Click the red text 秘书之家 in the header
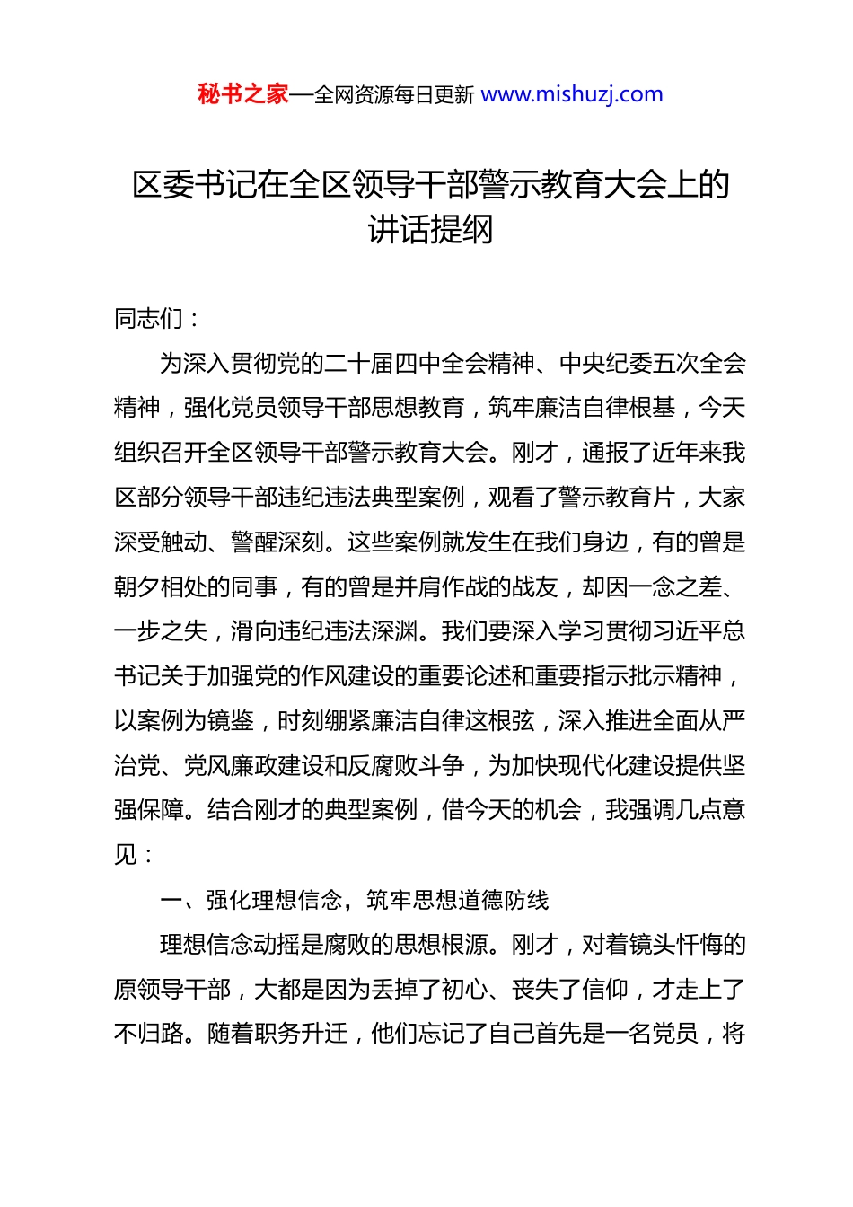click(243, 94)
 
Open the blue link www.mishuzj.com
click(572, 94)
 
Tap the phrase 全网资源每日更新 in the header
click(394, 95)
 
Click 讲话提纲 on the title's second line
click(431, 230)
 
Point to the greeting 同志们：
click(158, 318)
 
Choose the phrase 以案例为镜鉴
click(184, 720)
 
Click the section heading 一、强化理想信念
click(251, 900)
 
